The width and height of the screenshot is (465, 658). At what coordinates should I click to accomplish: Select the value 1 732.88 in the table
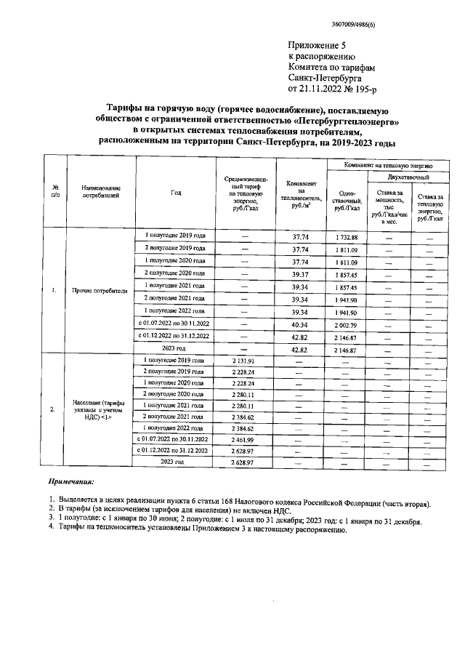[x=347, y=238]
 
